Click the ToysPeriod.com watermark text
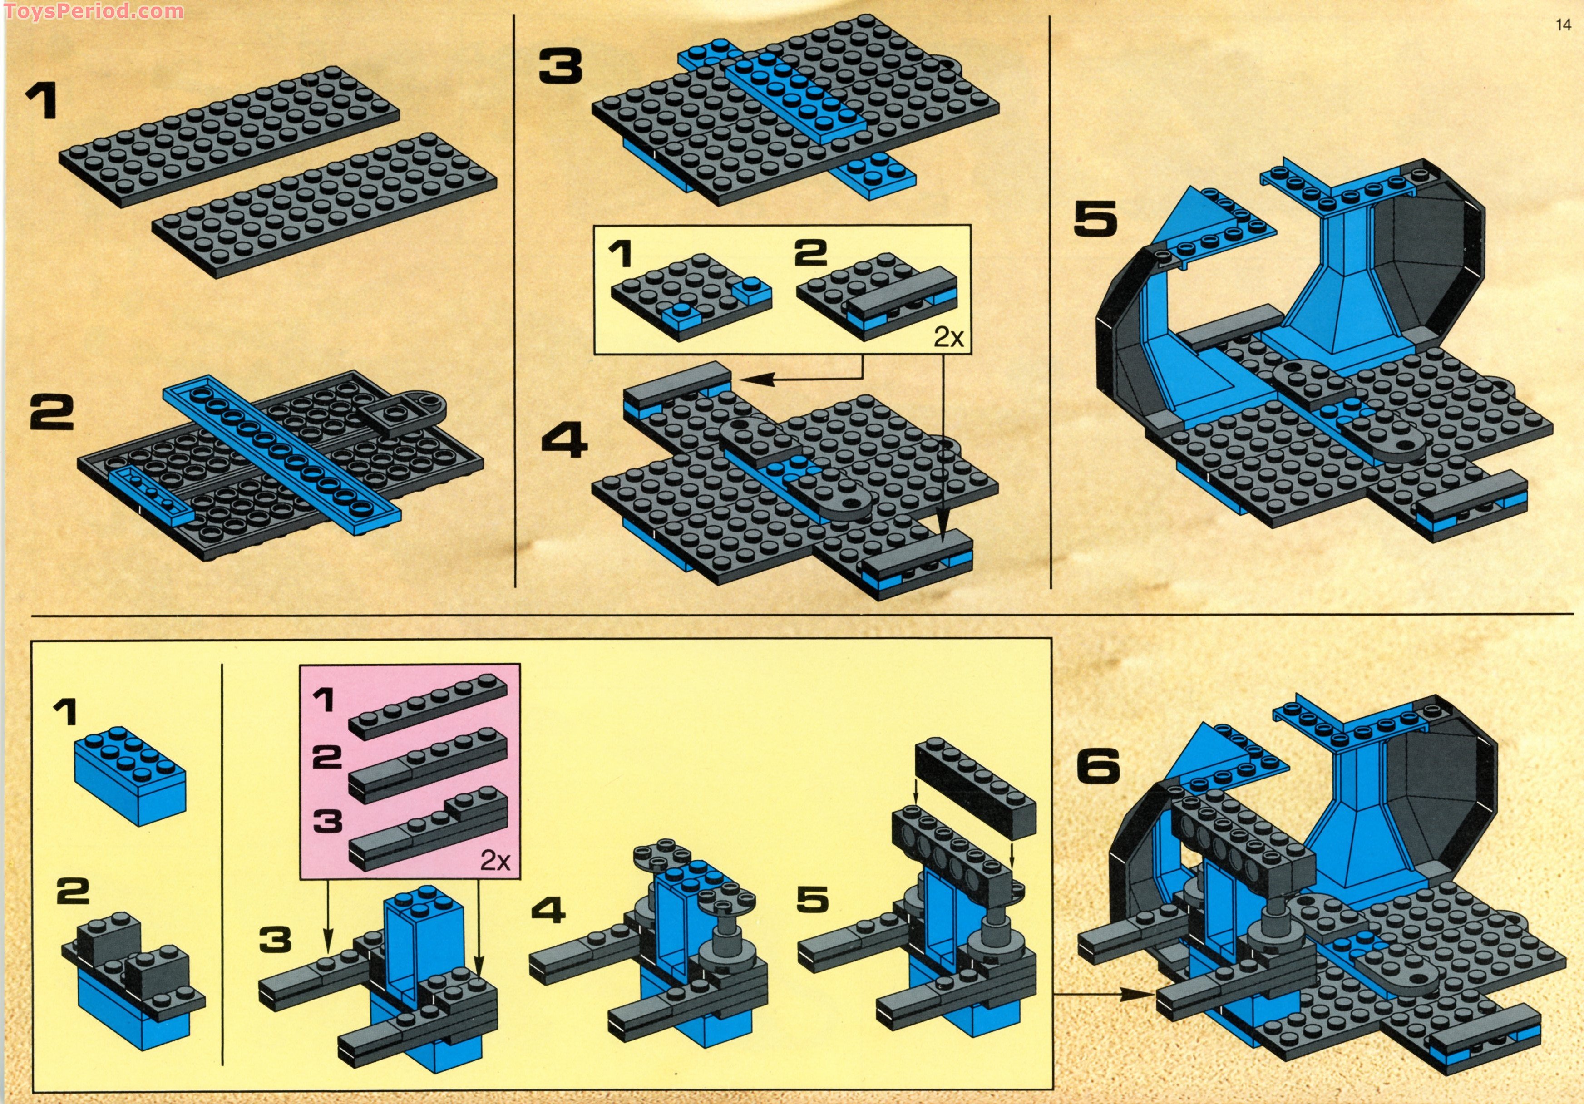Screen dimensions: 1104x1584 [93, 10]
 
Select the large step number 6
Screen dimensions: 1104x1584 [1098, 766]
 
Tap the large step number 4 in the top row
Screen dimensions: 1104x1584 [564, 442]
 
